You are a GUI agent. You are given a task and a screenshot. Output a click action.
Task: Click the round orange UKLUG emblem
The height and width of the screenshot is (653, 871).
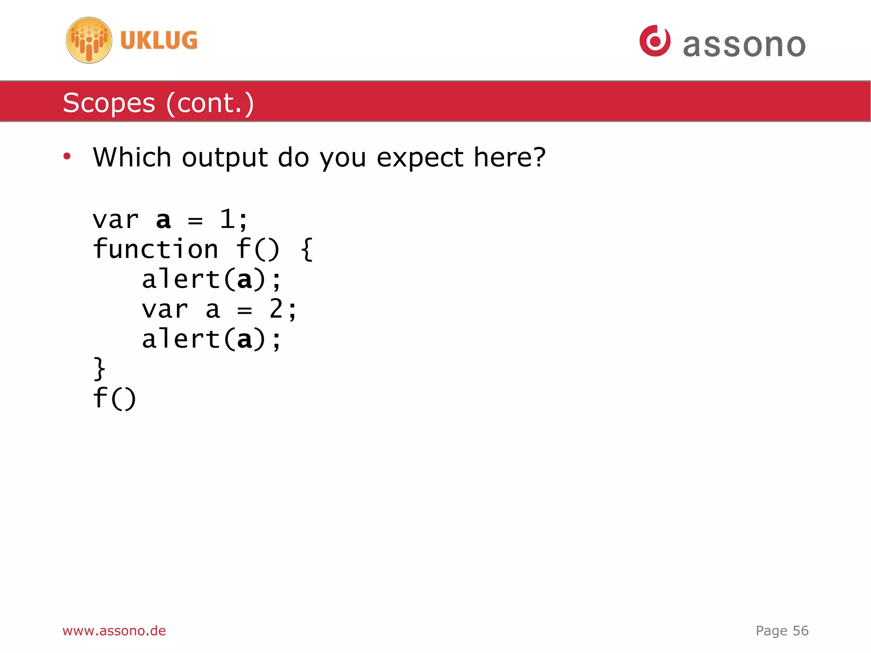[x=89, y=40]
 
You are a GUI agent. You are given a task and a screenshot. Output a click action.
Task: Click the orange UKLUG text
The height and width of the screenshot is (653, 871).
[x=159, y=40]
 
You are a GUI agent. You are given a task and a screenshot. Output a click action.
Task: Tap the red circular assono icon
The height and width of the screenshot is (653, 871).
[x=655, y=41]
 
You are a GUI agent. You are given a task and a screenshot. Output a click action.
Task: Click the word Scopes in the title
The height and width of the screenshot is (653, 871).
[x=109, y=103]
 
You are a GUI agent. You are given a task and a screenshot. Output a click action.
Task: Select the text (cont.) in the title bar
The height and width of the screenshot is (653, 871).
[x=210, y=103]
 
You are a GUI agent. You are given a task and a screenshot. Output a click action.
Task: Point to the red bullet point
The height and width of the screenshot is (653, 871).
[x=67, y=157]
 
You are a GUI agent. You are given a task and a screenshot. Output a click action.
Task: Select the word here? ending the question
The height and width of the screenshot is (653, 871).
[x=509, y=157]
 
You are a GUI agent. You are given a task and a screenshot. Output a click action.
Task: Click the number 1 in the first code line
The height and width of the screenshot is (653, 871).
[x=227, y=220]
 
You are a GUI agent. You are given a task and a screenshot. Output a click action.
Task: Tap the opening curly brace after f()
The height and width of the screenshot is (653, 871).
[x=307, y=249]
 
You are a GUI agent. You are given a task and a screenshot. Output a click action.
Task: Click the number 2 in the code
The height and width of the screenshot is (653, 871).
[x=276, y=309]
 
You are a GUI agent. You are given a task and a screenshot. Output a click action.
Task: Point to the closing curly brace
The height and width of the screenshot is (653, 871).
[x=99, y=368]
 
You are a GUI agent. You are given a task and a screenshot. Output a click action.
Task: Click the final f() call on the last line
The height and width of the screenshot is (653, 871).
[x=114, y=398]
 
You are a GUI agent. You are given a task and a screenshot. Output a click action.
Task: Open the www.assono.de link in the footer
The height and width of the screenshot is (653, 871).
[x=114, y=630]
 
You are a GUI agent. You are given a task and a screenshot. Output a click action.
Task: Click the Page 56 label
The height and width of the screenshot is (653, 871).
[x=782, y=630]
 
